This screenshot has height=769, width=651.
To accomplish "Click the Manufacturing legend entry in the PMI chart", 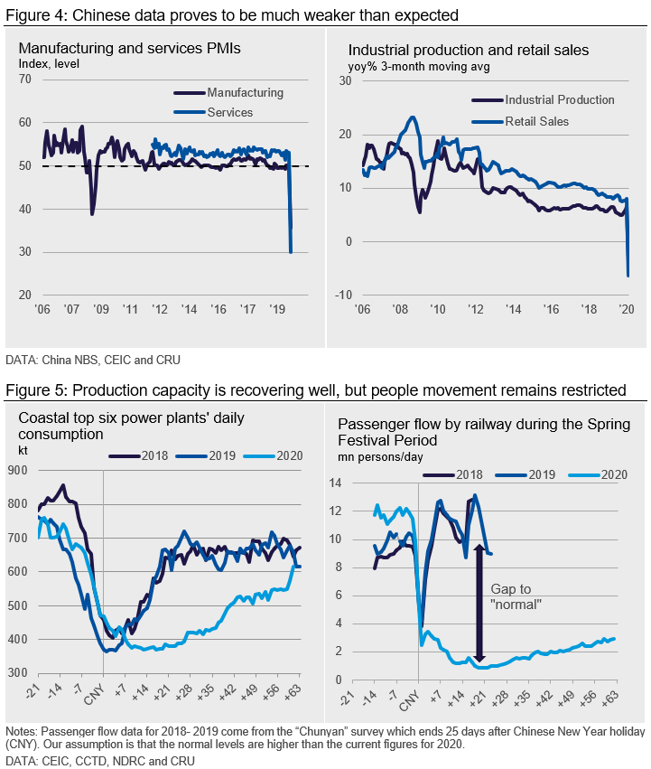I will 245,93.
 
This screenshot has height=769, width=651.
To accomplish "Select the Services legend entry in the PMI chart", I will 229,113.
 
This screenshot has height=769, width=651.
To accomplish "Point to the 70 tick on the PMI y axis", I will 24,80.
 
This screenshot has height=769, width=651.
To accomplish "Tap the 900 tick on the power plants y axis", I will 18,470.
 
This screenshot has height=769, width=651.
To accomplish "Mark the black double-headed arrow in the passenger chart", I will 479,605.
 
